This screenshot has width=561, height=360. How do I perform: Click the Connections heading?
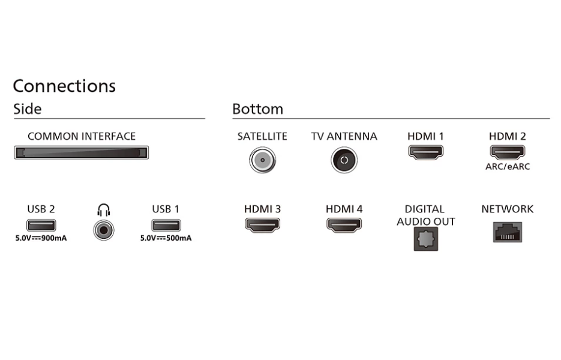64,86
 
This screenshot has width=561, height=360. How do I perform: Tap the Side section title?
27,109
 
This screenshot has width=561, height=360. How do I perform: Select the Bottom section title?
257,109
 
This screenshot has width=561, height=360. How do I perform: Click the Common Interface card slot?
81,152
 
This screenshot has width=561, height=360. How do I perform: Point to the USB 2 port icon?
41,225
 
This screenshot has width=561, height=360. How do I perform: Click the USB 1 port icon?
166,225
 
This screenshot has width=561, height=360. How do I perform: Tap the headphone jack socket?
104,230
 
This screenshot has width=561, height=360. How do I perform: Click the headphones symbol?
104,210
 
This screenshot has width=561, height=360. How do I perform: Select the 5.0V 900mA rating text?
41,238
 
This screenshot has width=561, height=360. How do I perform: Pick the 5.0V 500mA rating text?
166,238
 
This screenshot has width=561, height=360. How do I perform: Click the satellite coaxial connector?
263,160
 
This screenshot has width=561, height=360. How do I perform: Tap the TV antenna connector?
344,160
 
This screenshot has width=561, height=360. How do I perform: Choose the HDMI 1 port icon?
426,152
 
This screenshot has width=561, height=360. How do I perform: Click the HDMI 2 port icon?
508,152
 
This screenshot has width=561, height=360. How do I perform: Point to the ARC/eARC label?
508,166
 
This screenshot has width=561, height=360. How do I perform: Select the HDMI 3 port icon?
263,225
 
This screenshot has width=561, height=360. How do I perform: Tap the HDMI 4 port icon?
344,225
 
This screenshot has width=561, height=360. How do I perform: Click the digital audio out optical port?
426,239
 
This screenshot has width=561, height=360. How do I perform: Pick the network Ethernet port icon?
508,232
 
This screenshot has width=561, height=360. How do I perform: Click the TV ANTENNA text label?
344,136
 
